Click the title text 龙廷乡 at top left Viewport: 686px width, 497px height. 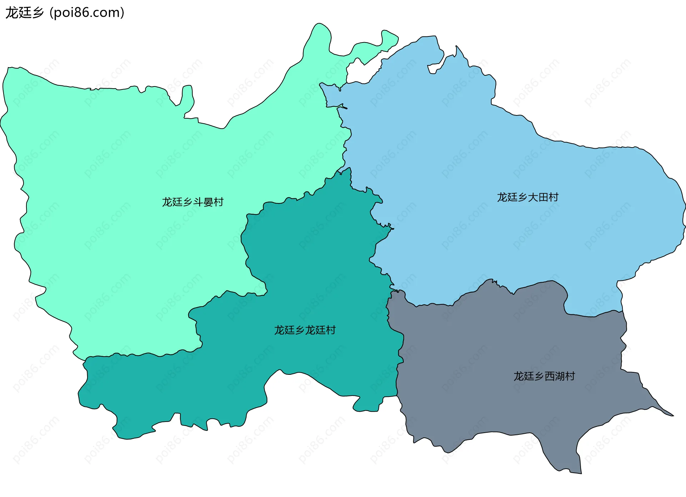24,13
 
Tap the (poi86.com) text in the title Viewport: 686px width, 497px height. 87,13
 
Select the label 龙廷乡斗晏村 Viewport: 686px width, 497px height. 193,202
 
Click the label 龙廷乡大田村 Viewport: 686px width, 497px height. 527,197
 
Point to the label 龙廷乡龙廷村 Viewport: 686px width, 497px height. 305,330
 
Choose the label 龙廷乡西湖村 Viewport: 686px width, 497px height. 544,376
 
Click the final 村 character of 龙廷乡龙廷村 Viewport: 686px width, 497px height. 331,330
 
